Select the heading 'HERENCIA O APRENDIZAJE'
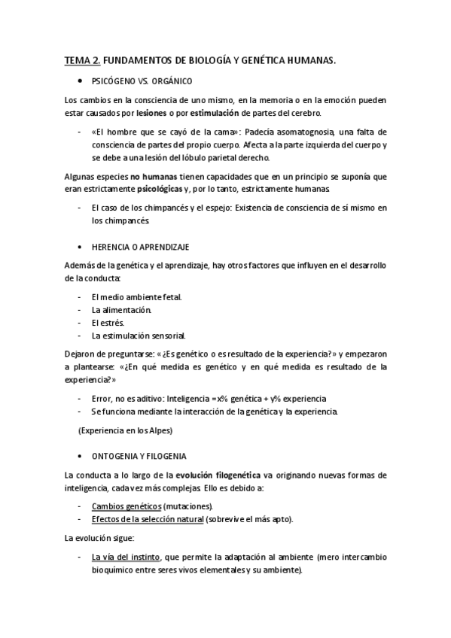coord(140,246)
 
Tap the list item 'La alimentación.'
coord(121,309)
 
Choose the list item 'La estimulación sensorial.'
coord(139,335)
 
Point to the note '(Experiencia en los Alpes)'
coord(125,430)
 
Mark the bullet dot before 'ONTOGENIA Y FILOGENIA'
coord(80,456)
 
